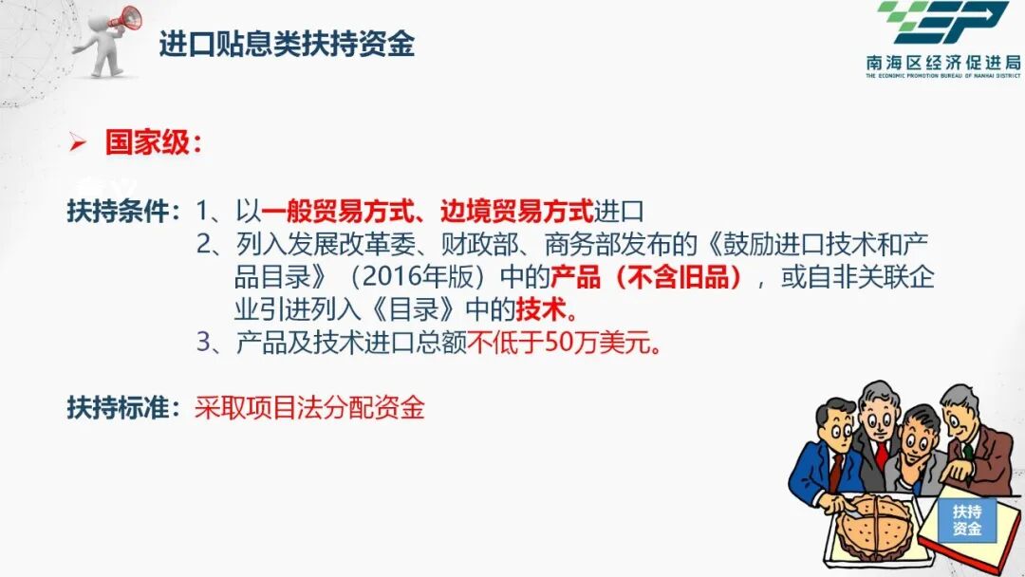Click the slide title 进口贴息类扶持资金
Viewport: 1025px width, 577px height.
tap(286, 44)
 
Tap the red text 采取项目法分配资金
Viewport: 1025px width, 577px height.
tap(309, 408)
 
